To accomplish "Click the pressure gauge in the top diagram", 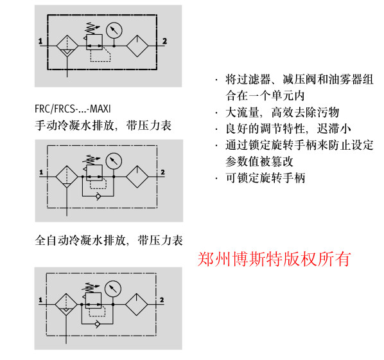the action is (x=114, y=31).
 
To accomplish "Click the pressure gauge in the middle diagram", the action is (x=114, y=161).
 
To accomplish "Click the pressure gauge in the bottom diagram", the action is (x=113, y=289).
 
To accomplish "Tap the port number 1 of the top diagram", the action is (x=40, y=41).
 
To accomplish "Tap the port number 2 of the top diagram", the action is (x=164, y=41).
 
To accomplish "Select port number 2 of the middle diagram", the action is (x=163, y=172).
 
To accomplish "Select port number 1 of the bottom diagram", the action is (x=40, y=300).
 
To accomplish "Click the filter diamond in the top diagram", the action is (x=67, y=46).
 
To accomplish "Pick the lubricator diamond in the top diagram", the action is (x=137, y=46).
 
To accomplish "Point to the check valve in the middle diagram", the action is (x=98, y=196).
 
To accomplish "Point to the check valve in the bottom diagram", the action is (x=97, y=324).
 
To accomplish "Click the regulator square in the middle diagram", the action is (x=94, y=173).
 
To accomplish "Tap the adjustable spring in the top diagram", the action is (x=91, y=28).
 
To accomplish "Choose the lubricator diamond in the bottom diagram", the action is (x=136, y=305).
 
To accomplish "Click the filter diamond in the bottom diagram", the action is (x=66, y=305).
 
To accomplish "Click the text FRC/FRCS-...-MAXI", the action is (x=73, y=109).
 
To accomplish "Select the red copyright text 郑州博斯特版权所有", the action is (x=274, y=259).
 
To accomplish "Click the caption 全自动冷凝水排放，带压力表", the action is (x=109, y=240).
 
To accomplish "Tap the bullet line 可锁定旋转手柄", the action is (x=265, y=178).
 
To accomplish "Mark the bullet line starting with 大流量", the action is (x=282, y=113).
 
